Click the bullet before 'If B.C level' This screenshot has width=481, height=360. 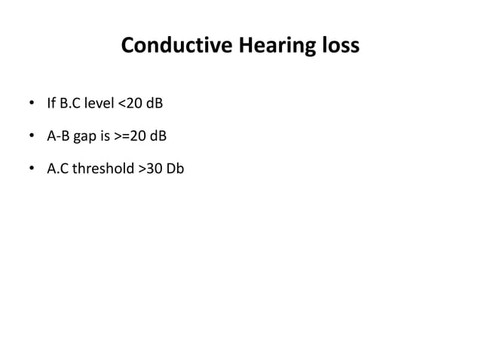click(31, 104)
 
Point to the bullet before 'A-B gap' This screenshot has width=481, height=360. click(31, 137)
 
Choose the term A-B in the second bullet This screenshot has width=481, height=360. click(60, 137)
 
